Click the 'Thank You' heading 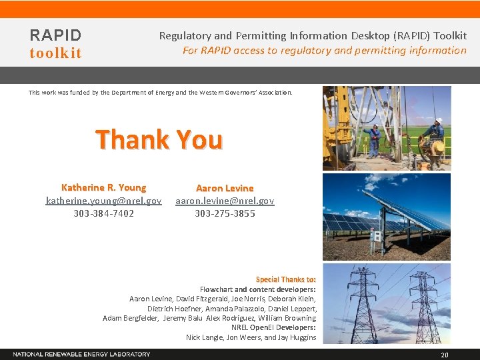point(159,140)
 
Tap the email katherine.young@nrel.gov point(103,201)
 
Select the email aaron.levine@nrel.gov point(225,201)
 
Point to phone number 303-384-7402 point(103,213)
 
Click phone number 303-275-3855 point(225,213)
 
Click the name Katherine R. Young point(103,188)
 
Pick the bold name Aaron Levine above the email point(225,189)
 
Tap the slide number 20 point(445,355)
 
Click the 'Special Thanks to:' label point(286,279)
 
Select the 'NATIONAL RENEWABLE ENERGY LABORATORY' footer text point(81,354)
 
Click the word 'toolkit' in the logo point(55,53)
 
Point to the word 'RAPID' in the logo point(55,35)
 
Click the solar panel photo point(387,217)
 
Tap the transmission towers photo point(387,303)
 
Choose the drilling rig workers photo point(387,128)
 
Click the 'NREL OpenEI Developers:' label point(273,328)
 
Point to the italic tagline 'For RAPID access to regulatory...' point(325,51)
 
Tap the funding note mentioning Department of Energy point(160,93)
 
